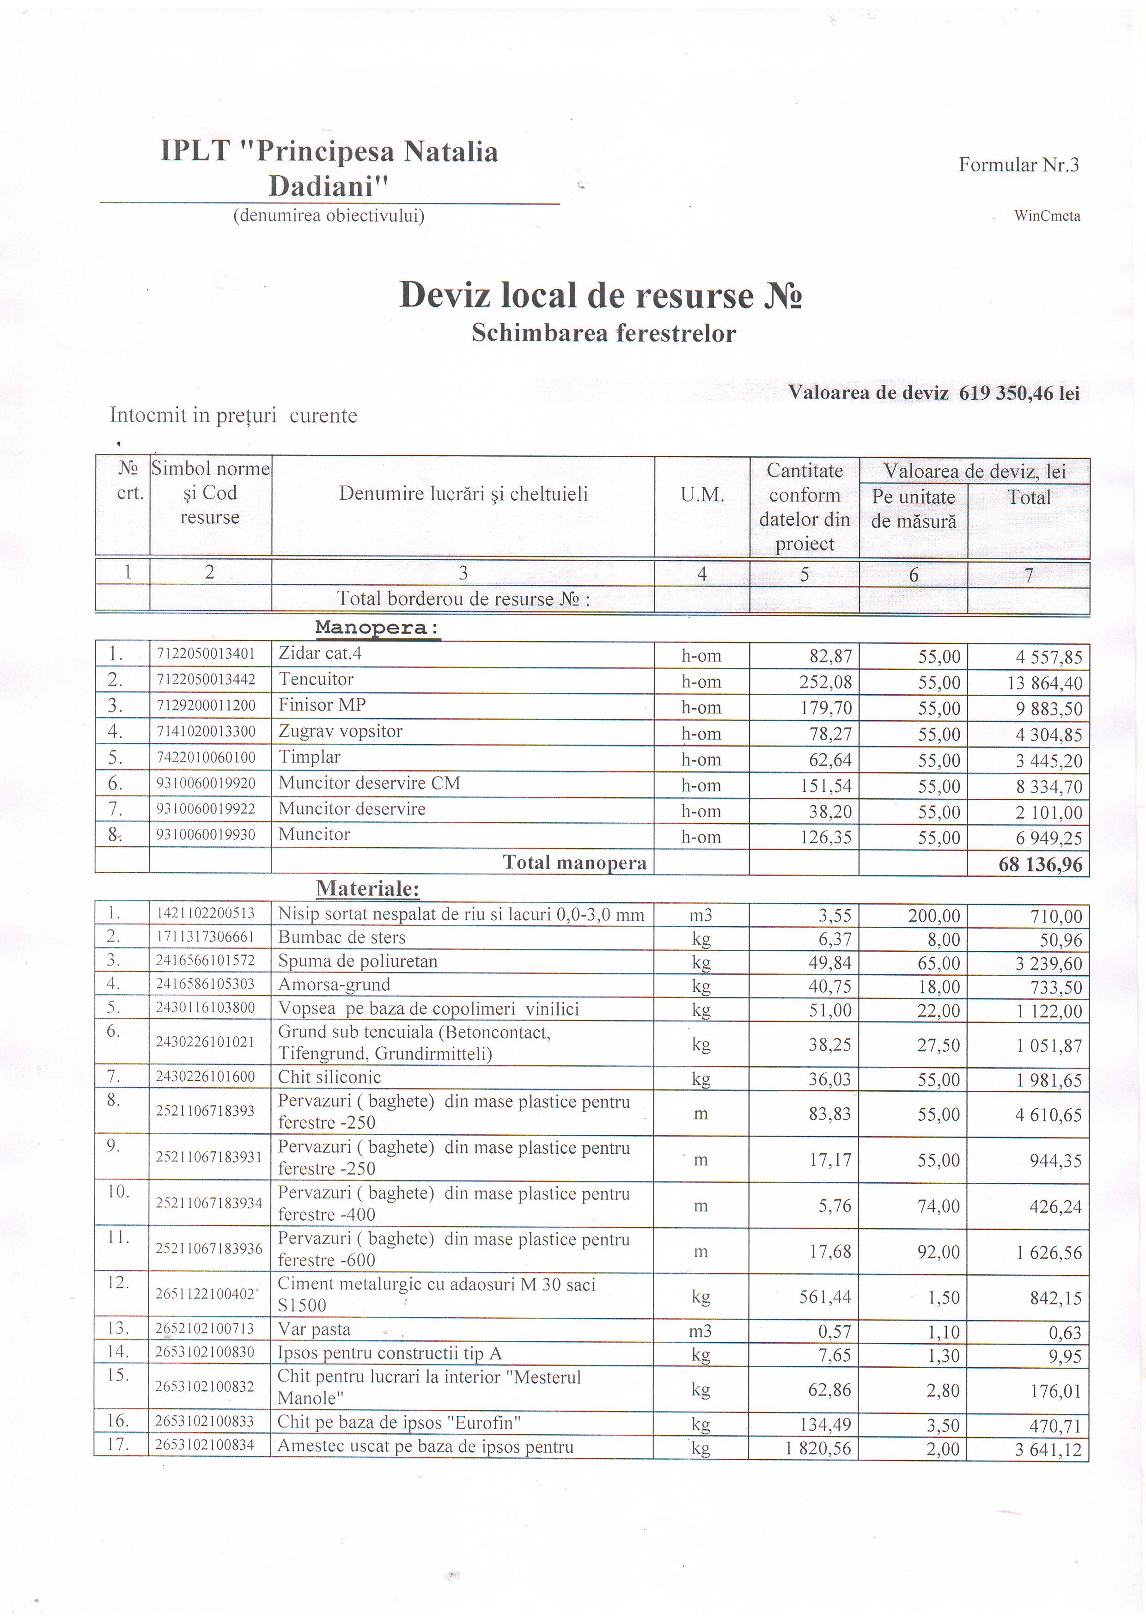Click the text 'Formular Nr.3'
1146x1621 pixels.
[x=1018, y=165]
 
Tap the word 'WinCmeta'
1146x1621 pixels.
[x=1047, y=216]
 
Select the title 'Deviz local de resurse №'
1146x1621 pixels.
[x=601, y=295]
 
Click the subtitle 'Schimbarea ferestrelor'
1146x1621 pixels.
[x=603, y=333]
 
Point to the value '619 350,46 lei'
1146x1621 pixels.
[x=1019, y=393]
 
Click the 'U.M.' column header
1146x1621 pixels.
[x=702, y=495]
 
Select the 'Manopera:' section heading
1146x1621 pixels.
[x=378, y=628]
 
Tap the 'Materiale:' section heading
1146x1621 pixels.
[x=368, y=888]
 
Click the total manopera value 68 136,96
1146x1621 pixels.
[x=1040, y=864]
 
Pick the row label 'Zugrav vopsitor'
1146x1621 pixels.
[x=340, y=731]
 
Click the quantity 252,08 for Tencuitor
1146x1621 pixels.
[x=826, y=683]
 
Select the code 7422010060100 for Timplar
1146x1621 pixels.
[x=206, y=758]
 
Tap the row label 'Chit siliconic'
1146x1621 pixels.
[x=329, y=1077]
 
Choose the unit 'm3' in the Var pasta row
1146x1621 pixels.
[x=701, y=1331]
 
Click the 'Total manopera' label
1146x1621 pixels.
[x=574, y=863]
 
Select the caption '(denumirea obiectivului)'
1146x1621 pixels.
[x=329, y=215]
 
